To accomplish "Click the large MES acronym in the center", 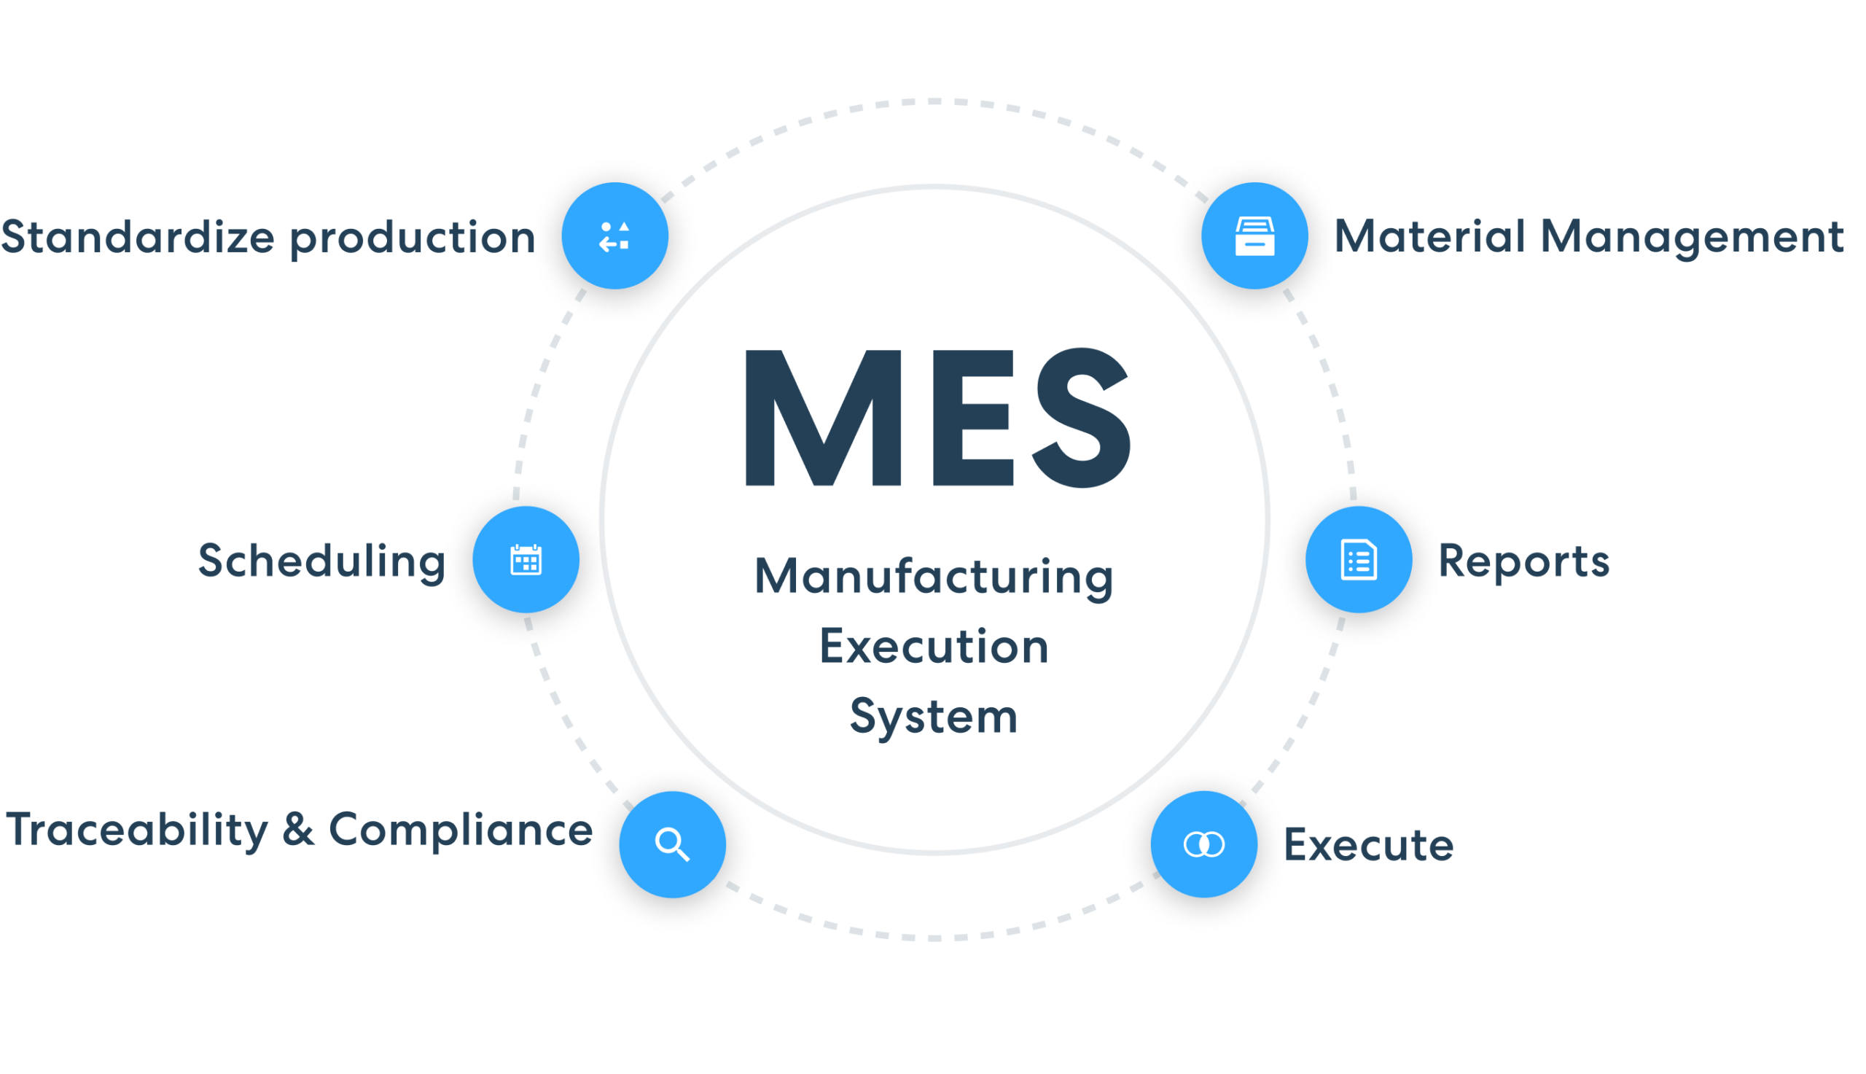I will [937, 419].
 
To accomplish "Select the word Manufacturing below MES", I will [934, 577].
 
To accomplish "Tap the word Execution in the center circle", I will [934, 647].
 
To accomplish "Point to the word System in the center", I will [934, 717].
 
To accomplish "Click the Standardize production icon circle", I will [615, 236].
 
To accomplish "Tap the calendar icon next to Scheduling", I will [526, 560].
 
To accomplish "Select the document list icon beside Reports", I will [1358, 560].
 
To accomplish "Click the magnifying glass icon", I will [671, 844].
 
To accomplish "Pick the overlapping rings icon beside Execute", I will [1203, 844].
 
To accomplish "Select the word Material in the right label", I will [1430, 237].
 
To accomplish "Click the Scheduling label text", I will [321, 562].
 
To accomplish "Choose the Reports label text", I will [1524, 562].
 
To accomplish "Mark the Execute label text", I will [1369, 845].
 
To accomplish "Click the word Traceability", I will [138, 831].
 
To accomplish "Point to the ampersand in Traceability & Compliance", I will [299, 830].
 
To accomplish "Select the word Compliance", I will [458, 831].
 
